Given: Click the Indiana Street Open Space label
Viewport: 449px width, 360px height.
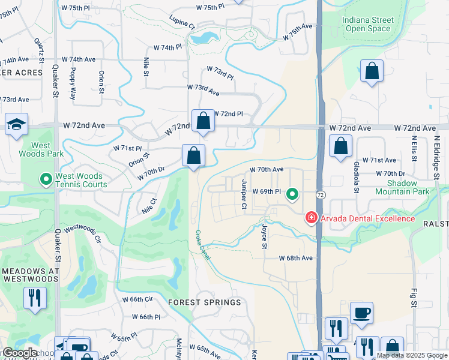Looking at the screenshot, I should coord(368,24).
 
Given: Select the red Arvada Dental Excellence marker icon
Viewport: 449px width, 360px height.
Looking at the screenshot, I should coord(311,217).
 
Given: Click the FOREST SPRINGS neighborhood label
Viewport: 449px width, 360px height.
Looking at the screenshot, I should coord(204,302).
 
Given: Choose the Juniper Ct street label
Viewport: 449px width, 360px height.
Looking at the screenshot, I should coord(244,194).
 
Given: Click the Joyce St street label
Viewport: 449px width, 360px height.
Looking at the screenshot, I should coord(264,237).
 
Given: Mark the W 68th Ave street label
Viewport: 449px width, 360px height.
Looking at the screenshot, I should coord(296,258).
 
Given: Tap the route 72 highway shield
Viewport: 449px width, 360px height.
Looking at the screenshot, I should coord(321,196).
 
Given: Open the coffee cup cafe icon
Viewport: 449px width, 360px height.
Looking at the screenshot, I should coord(361,313).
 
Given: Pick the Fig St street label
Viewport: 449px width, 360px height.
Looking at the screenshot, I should coord(414,298).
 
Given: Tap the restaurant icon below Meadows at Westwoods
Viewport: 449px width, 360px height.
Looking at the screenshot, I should coord(35,297).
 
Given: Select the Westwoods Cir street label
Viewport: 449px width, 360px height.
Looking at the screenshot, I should coord(83,235).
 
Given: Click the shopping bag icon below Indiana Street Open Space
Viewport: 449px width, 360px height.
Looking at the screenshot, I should coord(372,71).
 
